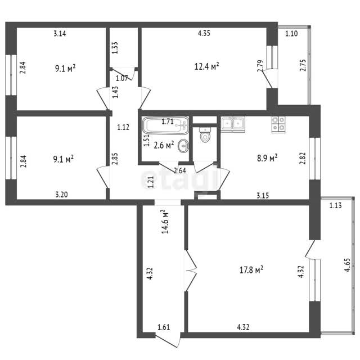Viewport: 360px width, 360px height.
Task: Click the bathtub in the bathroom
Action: (x=165, y=125)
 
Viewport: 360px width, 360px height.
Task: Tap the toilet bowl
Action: (x=205, y=135)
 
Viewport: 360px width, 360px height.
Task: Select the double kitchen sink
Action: (x=233, y=124)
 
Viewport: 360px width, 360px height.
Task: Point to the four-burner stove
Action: (x=278, y=125)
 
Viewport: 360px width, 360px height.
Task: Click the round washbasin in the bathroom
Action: (x=183, y=146)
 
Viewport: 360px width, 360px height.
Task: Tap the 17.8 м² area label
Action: (x=251, y=270)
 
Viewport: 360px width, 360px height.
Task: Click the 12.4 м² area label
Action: (x=206, y=66)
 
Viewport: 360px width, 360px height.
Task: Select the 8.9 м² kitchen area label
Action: (x=267, y=158)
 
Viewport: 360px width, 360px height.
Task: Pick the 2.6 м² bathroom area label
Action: (x=164, y=145)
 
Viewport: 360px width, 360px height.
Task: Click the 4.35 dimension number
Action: (x=204, y=33)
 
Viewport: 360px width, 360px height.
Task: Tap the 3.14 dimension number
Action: (x=60, y=34)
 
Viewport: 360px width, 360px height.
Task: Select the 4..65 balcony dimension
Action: (x=347, y=265)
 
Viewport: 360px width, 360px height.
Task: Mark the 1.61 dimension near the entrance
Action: (x=164, y=327)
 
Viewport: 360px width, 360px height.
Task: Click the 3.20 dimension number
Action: (x=61, y=195)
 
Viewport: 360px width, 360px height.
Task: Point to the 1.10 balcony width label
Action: (x=291, y=34)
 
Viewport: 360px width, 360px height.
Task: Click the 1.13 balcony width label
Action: (x=335, y=205)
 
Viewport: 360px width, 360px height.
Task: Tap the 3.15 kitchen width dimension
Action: (x=263, y=196)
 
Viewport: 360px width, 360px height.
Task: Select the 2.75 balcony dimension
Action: (x=303, y=65)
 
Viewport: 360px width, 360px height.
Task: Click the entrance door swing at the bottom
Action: (x=168, y=340)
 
